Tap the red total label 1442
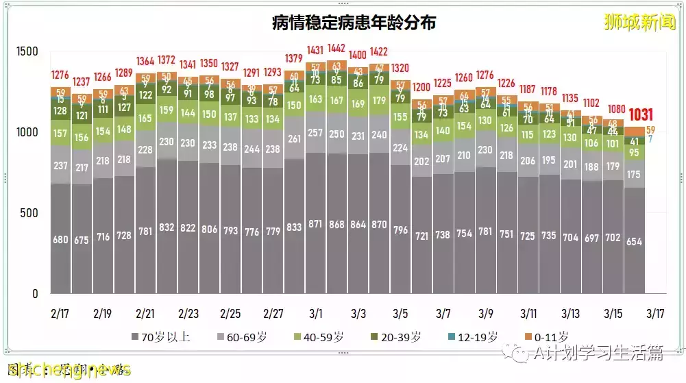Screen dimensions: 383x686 point(336,49)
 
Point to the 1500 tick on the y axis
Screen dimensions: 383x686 point(28,51)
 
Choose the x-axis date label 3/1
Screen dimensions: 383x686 point(316,314)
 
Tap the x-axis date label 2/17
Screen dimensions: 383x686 point(60,314)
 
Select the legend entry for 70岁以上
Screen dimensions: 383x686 point(161,336)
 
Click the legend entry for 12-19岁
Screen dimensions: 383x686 point(472,336)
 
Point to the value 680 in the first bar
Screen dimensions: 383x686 point(61,240)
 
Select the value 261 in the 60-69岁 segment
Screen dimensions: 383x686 point(295,139)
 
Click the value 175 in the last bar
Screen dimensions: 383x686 point(635,175)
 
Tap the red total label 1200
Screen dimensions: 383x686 point(421,88)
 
